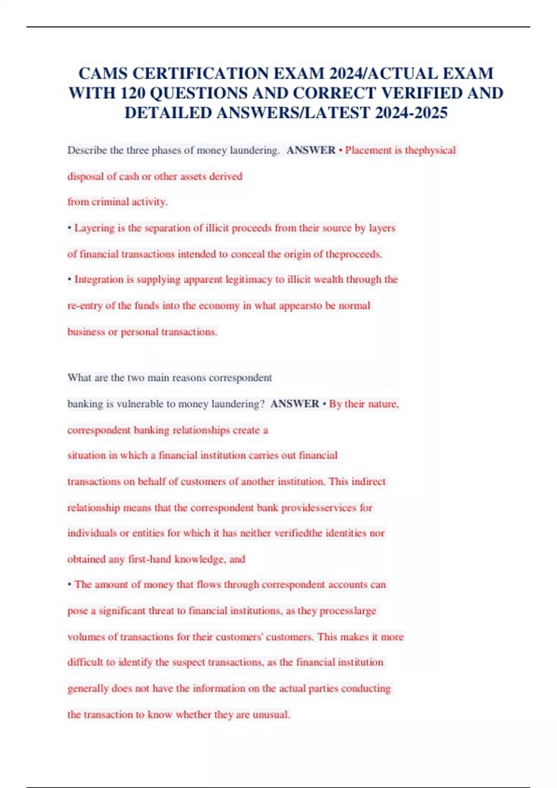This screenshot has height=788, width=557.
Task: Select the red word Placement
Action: coord(368,150)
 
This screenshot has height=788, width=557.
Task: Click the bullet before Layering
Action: coord(70,228)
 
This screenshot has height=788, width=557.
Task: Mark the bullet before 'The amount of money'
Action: coord(70,585)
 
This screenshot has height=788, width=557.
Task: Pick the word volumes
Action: coord(86,637)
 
